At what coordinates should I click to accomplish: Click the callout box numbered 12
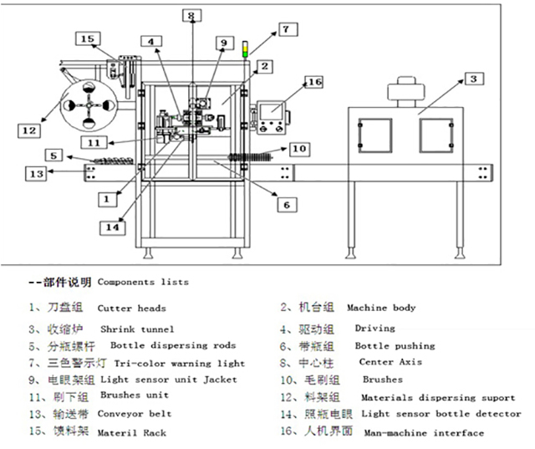(x=30, y=130)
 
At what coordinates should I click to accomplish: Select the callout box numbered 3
(x=472, y=79)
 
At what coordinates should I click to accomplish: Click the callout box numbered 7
(x=284, y=28)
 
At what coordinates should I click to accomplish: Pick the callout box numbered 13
(x=36, y=173)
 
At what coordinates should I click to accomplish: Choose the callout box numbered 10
(x=299, y=149)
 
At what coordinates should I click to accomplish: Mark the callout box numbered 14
(x=112, y=226)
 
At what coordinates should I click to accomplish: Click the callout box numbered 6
(x=285, y=204)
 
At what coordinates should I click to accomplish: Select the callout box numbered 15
(x=88, y=38)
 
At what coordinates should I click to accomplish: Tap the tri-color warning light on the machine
(x=246, y=48)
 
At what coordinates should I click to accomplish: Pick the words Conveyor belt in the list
(x=135, y=414)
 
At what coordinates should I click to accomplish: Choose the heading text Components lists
(x=143, y=282)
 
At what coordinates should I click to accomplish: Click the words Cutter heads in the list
(x=131, y=309)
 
